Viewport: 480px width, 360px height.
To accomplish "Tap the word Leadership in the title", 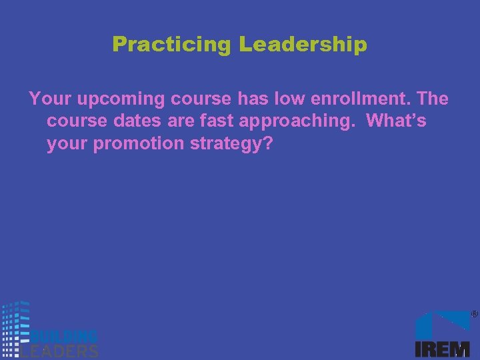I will pos(303,45).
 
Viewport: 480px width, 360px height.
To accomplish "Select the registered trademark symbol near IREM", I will pos(474,313).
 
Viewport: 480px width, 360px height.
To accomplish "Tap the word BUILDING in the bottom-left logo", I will pos(64,336).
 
